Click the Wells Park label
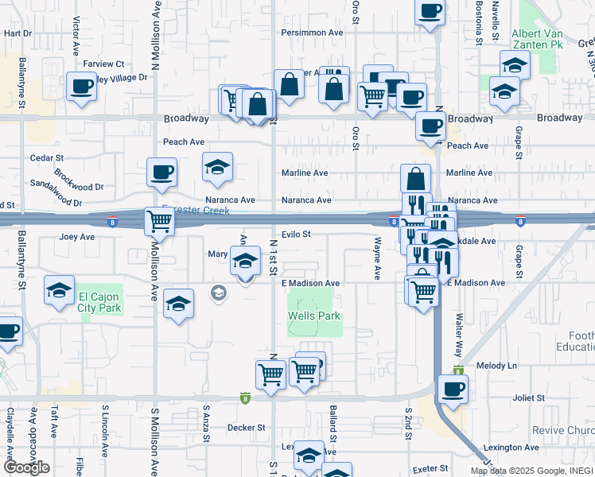pyautogui.click(x=313, y=316)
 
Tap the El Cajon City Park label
pyautogui.click(x=99, y=303)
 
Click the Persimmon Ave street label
pyautogui.click(x=313, y=33)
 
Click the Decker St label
pyautogui.click(x=246, y=428)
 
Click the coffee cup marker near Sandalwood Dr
pyautogui.click(x=161, y=172)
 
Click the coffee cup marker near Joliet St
pyautogui.click(x=453, y=390)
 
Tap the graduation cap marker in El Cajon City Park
pyautogui.click(x=59, y=290)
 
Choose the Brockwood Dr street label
pyautogui.click(x=79, y=180)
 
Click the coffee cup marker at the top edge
pyautogui.click(x=430, y=11)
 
